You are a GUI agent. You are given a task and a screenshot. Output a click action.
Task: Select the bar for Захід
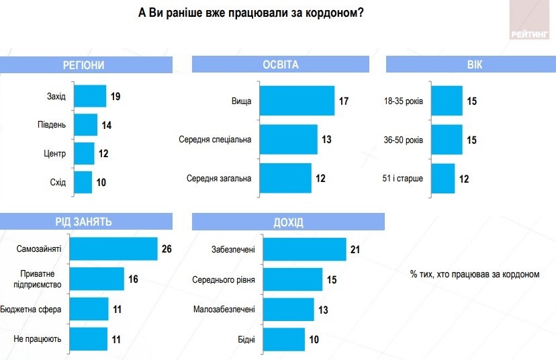point(90,97)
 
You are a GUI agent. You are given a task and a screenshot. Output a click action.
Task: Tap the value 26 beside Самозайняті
point(167,249)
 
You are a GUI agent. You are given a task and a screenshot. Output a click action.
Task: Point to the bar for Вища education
point(297,101)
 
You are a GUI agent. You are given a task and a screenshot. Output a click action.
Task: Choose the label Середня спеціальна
point(215,140)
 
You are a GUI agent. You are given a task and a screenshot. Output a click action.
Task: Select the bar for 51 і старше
point(443,179)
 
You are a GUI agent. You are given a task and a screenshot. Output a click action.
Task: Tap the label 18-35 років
point(402,101)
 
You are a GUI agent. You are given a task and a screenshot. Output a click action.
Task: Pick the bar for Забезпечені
point(304,250)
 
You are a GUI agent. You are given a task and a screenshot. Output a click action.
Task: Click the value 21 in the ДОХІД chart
point(356,250)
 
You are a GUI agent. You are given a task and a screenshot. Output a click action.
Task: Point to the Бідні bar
point(284,339)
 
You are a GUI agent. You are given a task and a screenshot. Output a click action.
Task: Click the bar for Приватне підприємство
point(97,279)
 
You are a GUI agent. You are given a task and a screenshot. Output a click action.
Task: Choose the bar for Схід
point(83,183)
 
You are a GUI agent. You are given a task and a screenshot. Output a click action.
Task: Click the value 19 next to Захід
point(115,97)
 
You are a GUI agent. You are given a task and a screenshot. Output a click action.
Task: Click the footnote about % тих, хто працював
point(474,274)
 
